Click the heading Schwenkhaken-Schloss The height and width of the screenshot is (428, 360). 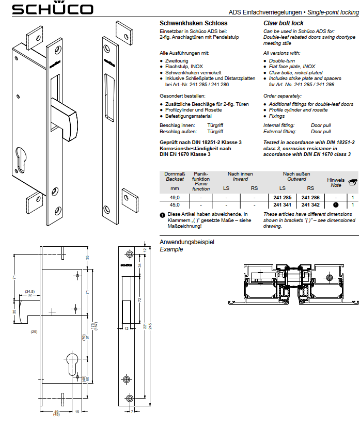(193, 23)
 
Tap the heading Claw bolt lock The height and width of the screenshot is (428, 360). (283, 23)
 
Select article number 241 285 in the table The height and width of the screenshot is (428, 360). (282, 198)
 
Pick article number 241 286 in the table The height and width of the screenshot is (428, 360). (310, 198)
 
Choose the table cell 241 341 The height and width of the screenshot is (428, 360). (282, 205)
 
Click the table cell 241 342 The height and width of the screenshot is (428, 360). (310, 205)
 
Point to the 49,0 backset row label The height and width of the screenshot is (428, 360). (175, 198)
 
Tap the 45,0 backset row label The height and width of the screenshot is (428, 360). (175, 205)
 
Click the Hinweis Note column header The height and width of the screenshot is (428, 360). (336, 182)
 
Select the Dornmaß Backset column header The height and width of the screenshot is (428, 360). (175, 177)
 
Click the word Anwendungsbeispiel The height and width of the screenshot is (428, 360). (186, 242)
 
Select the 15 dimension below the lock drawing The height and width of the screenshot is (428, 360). (76, 411)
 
